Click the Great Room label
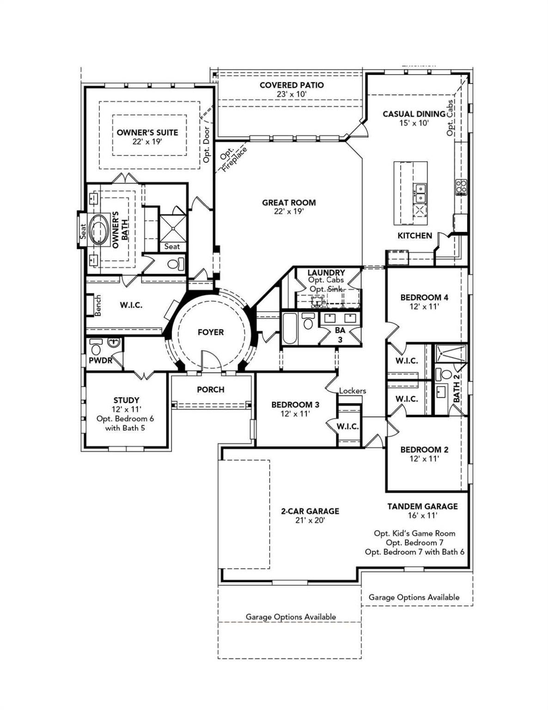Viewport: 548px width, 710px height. (289, 202)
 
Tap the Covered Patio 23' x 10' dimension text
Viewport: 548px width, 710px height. (291, 94)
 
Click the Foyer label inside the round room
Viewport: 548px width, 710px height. (211, 332)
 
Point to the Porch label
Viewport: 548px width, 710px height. (211, 390)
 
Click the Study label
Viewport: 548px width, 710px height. (126, 400)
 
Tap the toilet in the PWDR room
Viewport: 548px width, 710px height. (96, 346)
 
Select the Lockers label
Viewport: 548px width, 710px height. (353, 391)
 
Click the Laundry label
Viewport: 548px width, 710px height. (326, 273)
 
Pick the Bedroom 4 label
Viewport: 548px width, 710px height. (424, 297)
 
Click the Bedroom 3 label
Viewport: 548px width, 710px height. (295, 405)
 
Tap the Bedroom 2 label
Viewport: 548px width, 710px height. (424, 449)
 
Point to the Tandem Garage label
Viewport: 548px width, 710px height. (422, 507)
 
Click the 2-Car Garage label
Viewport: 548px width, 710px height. (310, 511)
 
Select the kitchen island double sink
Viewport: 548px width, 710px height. (420, 193)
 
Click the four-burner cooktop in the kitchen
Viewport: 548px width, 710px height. (461, 188)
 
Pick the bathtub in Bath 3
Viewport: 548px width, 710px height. (289, 329)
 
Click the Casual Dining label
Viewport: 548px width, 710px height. (414, 114)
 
